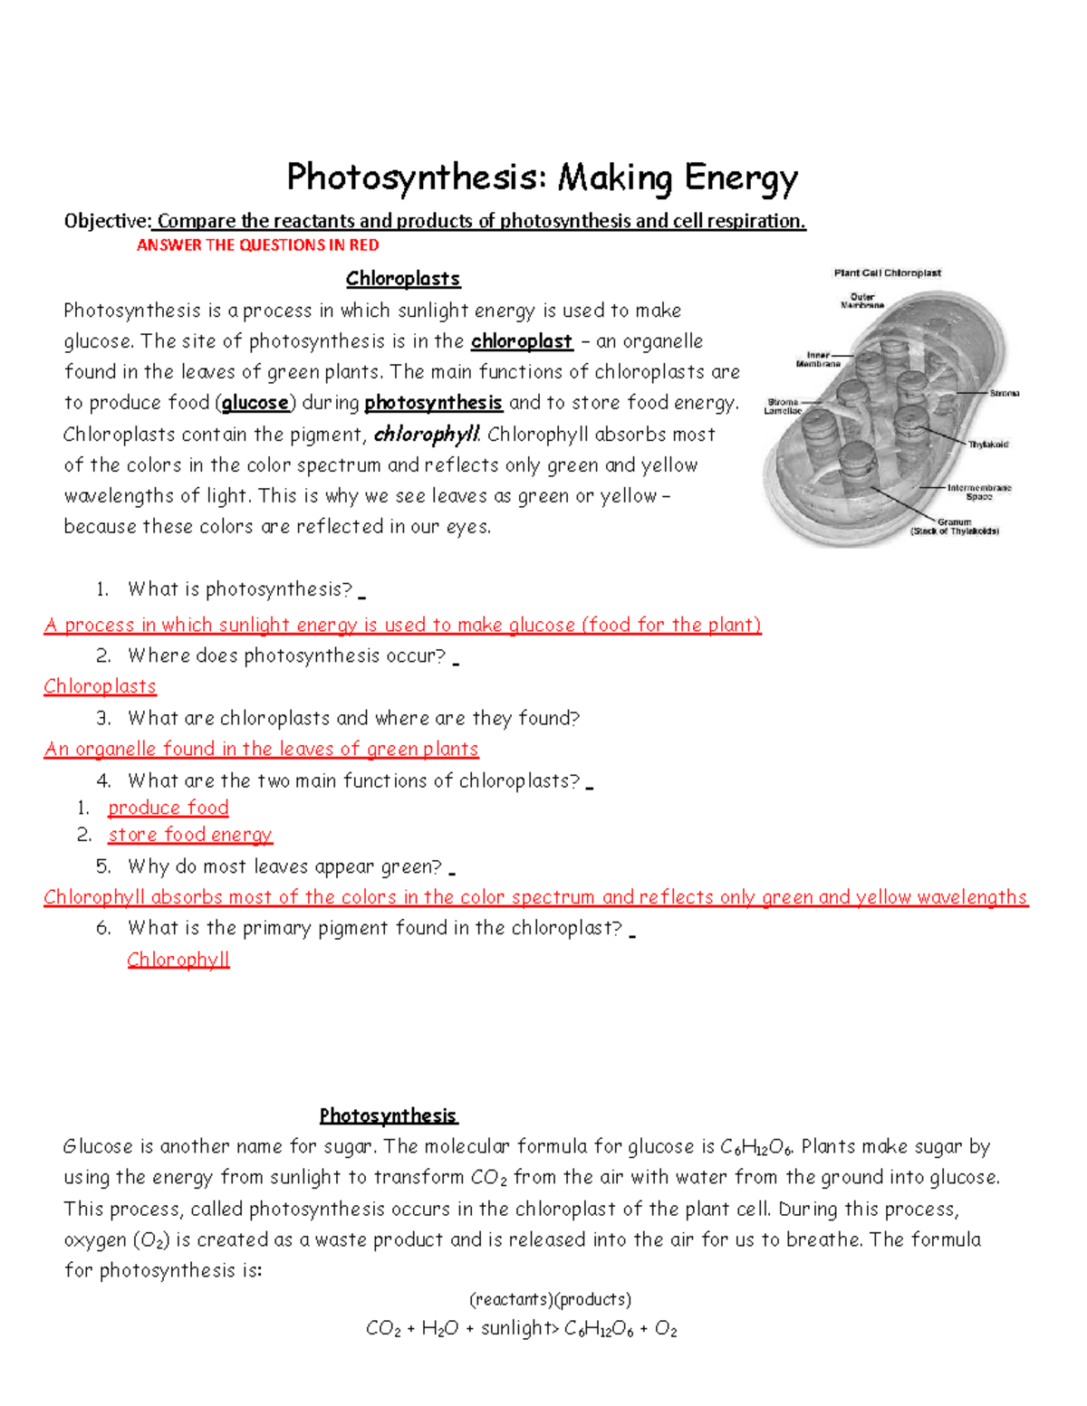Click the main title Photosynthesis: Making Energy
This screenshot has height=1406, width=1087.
pyautogui.click(x=542, y=177)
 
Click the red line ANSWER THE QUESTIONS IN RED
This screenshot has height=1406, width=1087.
pyautogui.click(x=257, y=245)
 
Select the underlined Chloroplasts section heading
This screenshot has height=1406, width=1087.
pyautogui.click(x=403, y=279)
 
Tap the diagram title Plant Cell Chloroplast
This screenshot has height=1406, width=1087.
pyautogui.click(x=887, y=273)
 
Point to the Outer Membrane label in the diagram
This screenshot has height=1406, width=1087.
pyautogui.click(x=862, y=301)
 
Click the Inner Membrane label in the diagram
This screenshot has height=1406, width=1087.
pyautogui.click(x=818, y=359)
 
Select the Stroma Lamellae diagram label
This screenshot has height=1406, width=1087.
pyautogui.click(x=783, y=406)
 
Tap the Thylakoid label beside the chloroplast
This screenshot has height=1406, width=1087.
pyautogui.click(x=987, y=445)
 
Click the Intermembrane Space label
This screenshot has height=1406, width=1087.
pyautogui.click(x=978, y=492)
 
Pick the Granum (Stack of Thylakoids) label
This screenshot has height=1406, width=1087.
pyautogui.click(x=954, y=527)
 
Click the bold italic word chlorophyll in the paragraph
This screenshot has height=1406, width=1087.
pyautogui.click(x=426, y=435)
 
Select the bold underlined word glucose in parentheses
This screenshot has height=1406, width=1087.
pyautogui.click(x=255, y=403)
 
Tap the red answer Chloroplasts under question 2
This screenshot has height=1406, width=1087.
pyautogui.click(x=100, y=686)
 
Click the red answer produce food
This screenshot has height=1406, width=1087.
pyautogui.click(x=168, y=808)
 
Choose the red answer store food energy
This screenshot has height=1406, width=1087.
pyautogui.click(x=190, y=835)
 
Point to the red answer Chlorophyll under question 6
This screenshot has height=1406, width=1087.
pyautogui.click(x=178, y=960)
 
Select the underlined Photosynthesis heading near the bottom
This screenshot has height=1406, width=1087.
pyautogui.click(x=388, y=1115)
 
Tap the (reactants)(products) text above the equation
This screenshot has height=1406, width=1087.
pyautogui.click(x=550, y=1300)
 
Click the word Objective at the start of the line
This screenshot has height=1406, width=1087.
pyautogui.click(x=106, y=221)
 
